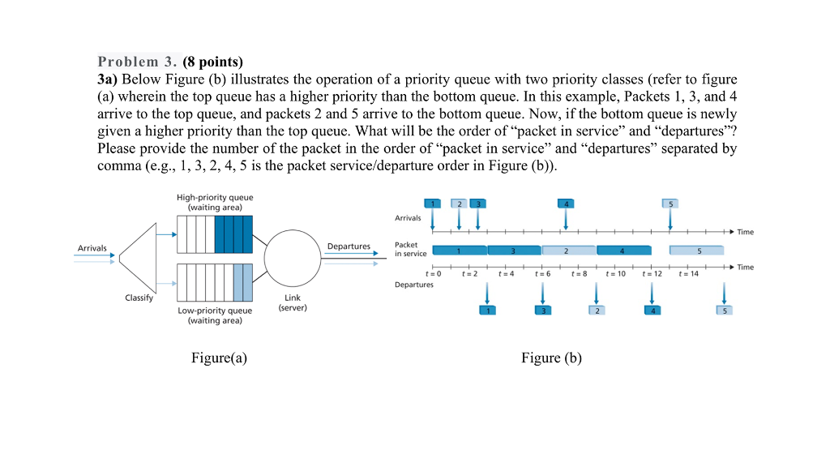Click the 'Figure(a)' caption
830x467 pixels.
pyautogui.click(x=219, y=358)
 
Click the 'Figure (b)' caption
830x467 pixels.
pyautogui.click(x=551, y=358)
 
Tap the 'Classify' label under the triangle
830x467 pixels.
pyautogui.click(x=139, y=298)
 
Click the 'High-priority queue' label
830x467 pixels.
pyautogui.click(x=215, y=197)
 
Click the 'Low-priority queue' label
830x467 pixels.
pyautogui.click(x=215, y=311)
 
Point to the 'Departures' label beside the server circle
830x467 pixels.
pyautogui.click(x=349, y=246)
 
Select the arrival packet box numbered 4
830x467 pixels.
pyautogui.click(x=566, y=203)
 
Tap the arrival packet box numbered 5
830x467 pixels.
pyautogui.click(x=670, y=203)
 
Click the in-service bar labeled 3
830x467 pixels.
pyautogui.click(x=514, y=251)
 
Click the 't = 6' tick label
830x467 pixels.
pyautogui.click(x=543, y=274)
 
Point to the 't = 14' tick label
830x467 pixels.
pyautogui.click(x=689, y=274)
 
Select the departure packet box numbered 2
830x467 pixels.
pyautogui.click(x=597, y=311)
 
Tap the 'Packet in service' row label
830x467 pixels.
pyautogui.click(x=410, y=249)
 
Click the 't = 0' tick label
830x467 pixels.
pyautogui.click(x=434, y=274)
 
